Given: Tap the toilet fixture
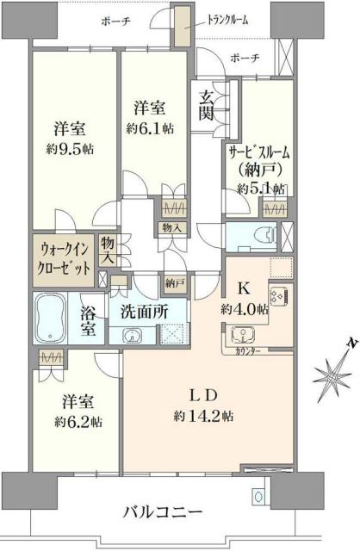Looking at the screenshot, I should (x=264, y=233).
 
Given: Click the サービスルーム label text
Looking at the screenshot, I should (x=259, y=152).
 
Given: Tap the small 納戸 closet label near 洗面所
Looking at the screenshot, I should (x=173, y=281).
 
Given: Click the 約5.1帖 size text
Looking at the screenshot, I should (x=257, y=188).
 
